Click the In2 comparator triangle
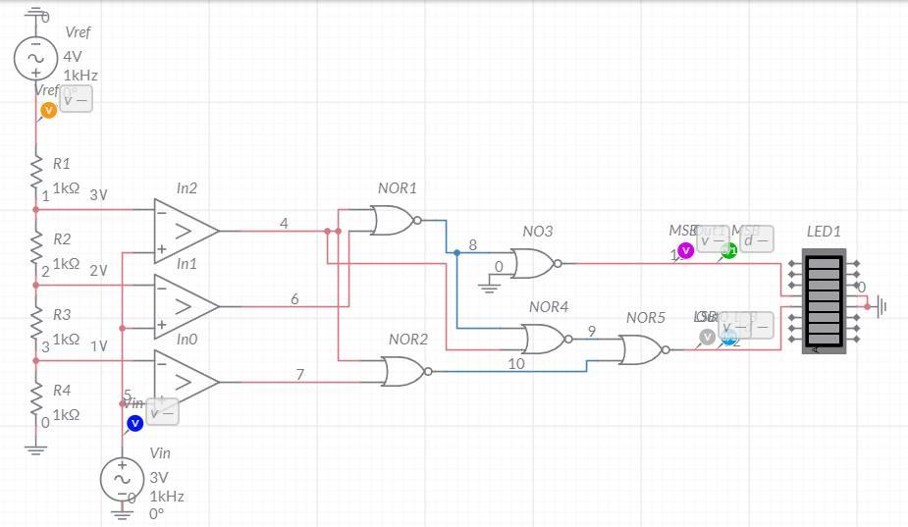pos(185,231)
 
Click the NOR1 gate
pos(394,221)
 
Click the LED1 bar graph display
pos(823,300)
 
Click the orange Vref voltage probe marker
pos(48,110)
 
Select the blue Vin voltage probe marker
pos(135,423)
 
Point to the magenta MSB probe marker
pos(685,251)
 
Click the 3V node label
pos(98,195)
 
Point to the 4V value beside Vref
pos(73,56)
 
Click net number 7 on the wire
pos(300,374)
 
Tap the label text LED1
pos(824,232)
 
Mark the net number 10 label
pos(515,363)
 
